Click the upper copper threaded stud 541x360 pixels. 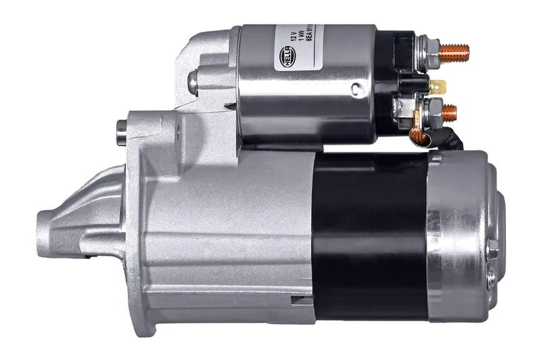[454, 51]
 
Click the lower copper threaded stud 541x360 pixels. [449, 112]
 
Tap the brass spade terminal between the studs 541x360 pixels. [438, 87]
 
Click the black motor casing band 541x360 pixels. [369, 230]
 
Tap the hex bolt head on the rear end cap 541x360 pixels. [492, 249]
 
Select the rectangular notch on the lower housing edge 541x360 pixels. [300, 298]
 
